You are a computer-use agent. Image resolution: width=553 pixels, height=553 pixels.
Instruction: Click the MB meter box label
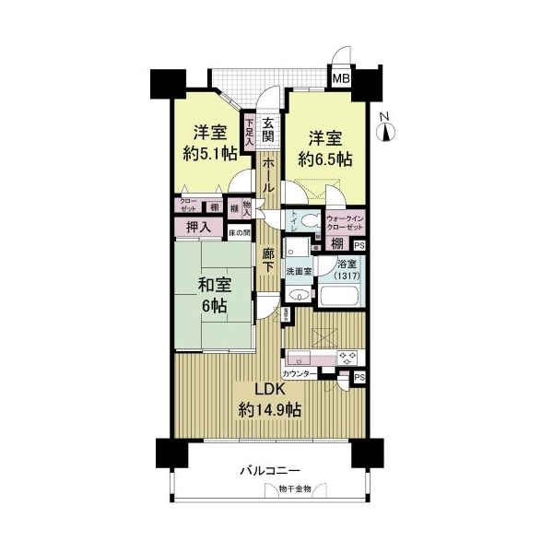pyautogui.click(x=340, y=80)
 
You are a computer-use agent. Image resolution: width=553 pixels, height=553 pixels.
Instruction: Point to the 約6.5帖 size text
pyautogui.click(x=325, y=159)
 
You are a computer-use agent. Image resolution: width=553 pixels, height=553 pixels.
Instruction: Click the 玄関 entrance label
pyautogui.click(x=268, y=129)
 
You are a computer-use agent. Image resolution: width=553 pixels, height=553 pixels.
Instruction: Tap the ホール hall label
pyautogui.click(x=267, y=175)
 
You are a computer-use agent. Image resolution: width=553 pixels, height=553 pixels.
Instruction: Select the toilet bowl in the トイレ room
pyautogui.click(x=310, y=221)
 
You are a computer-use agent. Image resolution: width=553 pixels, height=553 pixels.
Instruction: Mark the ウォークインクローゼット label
pyautogui.click(x=346, y=222)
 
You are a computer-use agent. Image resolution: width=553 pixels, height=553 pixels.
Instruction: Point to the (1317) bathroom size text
pyautogui.click(x=347, y=274)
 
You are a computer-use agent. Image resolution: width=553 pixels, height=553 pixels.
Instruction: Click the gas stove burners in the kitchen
pyautogui.click(x=349, y=357)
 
